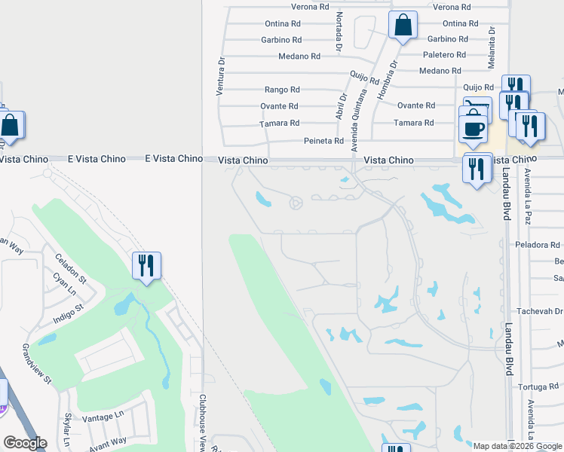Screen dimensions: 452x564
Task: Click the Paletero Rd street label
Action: [x=444, y=55]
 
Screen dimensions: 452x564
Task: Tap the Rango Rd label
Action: [x=279, y=89]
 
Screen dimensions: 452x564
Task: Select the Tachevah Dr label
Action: [x=540, y=311]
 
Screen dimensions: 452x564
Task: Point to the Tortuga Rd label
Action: [x=539, y=387]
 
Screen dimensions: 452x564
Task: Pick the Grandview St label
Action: [x=36, y=364]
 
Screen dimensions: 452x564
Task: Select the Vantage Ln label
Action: [x=103, y=417]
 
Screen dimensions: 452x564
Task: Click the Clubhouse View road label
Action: [x=203, y=422]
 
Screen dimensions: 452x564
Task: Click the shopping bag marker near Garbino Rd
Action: [x=403, y=26]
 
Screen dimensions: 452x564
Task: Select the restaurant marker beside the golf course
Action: [x=146, y=266]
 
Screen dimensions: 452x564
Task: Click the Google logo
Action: [x=25, y=443]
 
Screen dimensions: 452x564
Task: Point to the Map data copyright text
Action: [x=516, y=445]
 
